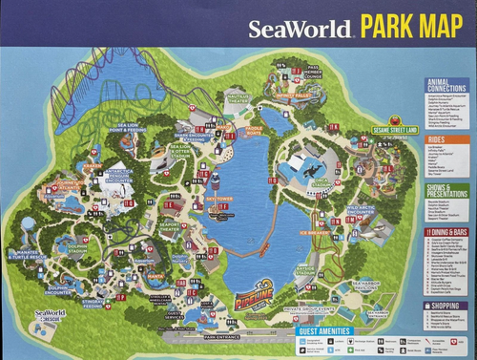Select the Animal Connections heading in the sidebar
[446, 86]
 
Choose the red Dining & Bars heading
[446, 231]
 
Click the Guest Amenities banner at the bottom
[325, 332]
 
